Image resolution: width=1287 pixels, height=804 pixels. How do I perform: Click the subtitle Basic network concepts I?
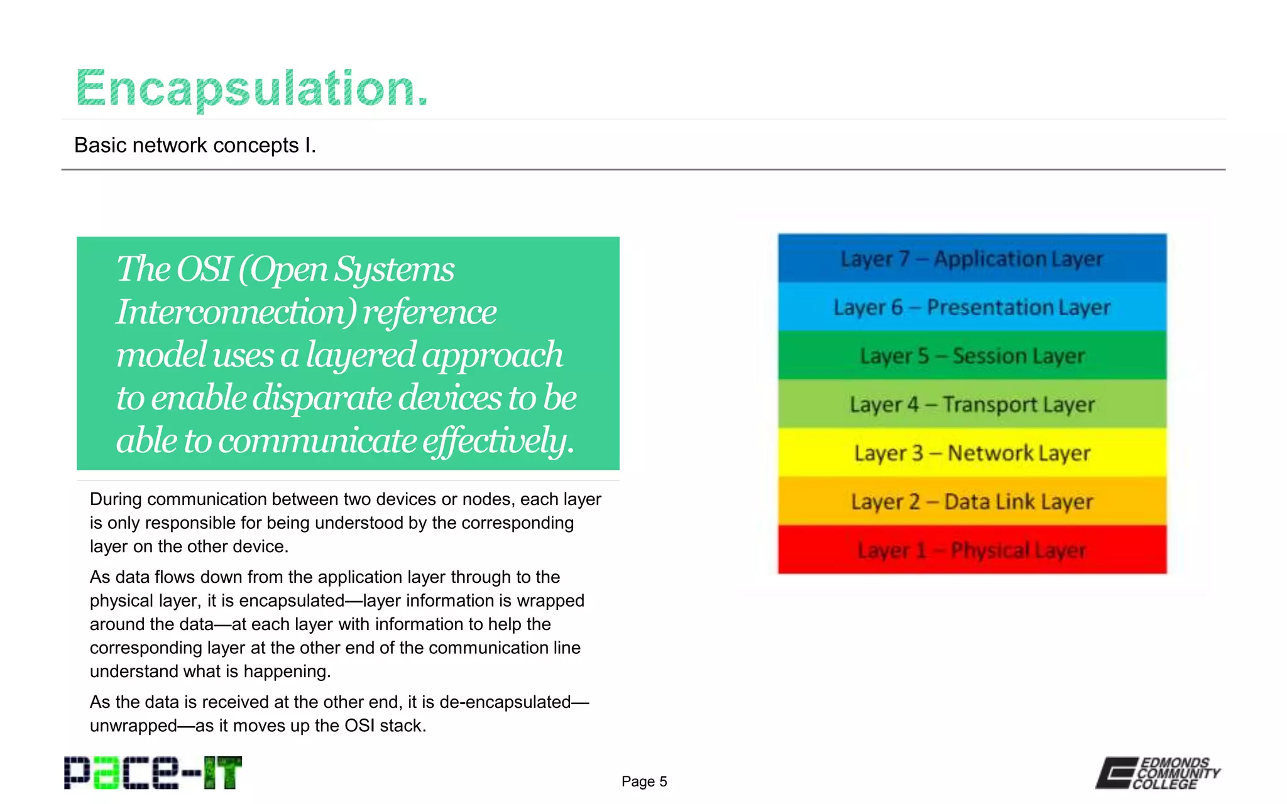[x=195, y=145]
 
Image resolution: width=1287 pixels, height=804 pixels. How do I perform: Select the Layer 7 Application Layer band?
[x=972, y=258]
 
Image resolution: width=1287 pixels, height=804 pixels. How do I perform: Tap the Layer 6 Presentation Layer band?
[x=972, y=307]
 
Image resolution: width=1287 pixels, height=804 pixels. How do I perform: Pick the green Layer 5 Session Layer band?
[x=972, y=356]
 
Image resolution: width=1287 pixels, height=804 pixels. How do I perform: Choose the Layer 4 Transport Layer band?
[x=972, y=404]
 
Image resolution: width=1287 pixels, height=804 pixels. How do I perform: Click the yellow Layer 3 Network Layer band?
[x=972, y=452]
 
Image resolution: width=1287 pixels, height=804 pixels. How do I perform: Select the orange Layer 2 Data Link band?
[x=972, y=501]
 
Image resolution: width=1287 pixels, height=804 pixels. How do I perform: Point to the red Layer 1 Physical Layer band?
[x=972, y=550]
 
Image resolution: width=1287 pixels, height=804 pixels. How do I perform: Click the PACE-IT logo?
[x=153, y=773]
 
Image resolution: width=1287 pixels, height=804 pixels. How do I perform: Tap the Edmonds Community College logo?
[x=1158, y=773]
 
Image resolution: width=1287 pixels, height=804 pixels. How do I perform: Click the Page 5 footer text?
[x=644, y=781]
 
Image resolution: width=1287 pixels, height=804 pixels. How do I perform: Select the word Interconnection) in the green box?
[x=236, y=312]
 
